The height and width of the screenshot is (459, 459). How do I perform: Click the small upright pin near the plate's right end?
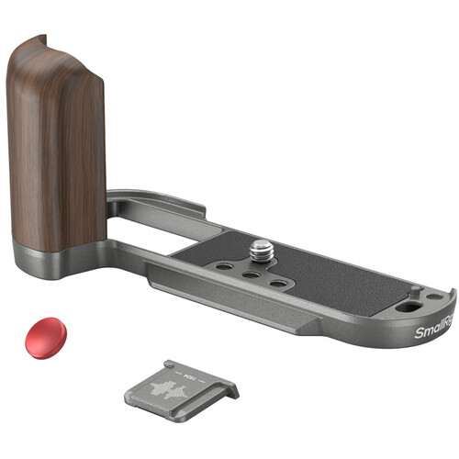(x=416, y=291)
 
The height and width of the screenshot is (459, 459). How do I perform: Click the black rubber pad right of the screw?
(x=349, y=275)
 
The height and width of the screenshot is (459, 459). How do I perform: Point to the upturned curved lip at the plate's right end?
(x=450, y=303)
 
